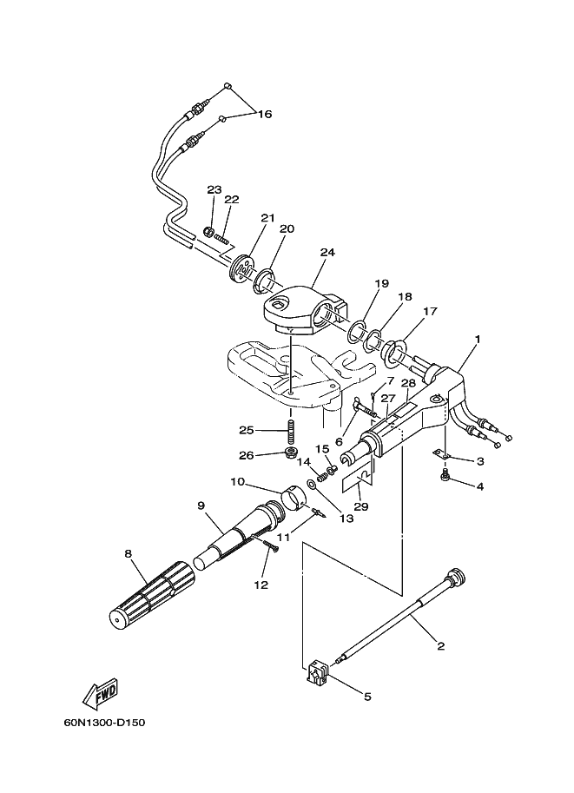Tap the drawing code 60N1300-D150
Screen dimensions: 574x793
[105, 723]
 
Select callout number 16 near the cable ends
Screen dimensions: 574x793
[265, 114]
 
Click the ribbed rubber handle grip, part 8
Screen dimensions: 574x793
[151, 595]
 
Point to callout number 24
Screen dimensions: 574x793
[327, 252]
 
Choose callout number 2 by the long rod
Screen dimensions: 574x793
[441, 646]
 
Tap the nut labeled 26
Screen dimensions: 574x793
[291, 451]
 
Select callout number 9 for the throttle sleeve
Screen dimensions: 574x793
[201, 505]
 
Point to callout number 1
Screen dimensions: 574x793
[478, 339]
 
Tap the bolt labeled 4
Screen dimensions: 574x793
[445, 475]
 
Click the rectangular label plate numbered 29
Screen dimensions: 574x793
[358, 479]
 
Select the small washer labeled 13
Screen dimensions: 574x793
[312, 485]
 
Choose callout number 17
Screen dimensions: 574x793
[431, 311]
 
